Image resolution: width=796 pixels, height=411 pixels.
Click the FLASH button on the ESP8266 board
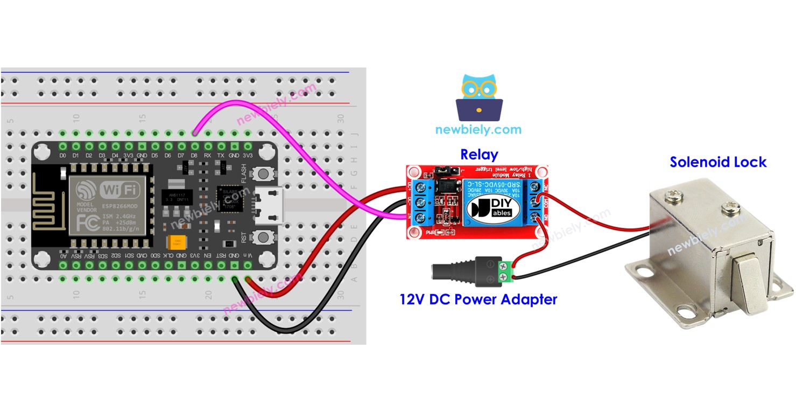(x=263, y=173)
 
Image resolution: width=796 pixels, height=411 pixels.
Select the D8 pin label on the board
(x=194, y=156)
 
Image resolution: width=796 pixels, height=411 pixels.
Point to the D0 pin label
(x=62, y=156)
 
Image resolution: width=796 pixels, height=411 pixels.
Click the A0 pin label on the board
(x=63, y=255)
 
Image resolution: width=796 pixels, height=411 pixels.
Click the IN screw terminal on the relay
(x=414, y=217)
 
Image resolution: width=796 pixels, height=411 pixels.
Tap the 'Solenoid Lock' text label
(x=717, y=162)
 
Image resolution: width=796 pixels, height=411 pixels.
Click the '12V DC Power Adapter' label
(x=478, y=299)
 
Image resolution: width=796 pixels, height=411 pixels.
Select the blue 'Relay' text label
(x=478, y=155)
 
